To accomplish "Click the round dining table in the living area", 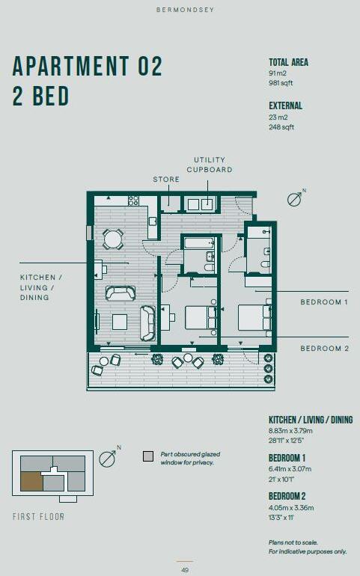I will click(x=113, y=239).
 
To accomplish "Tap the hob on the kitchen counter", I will click(x=134, y=200).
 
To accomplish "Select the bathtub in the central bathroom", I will click(x=198, y=244).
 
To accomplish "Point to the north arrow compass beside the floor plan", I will click(x=296, y=199).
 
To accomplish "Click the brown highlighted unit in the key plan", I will click(x=31, y=482).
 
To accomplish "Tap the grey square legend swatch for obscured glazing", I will click(x=147, y=456).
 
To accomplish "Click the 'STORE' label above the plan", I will click(x=166, y=180).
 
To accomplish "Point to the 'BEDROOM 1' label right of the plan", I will click(x=324, y=302).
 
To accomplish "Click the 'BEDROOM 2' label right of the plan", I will click(x=324, y=349).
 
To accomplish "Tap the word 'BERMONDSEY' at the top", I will click(x=180, y=10).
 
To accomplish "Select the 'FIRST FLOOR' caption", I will click(x=38, y=517).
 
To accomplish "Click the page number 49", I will click(x=185, y=570).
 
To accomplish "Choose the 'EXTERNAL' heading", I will click(x=285, y=106).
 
